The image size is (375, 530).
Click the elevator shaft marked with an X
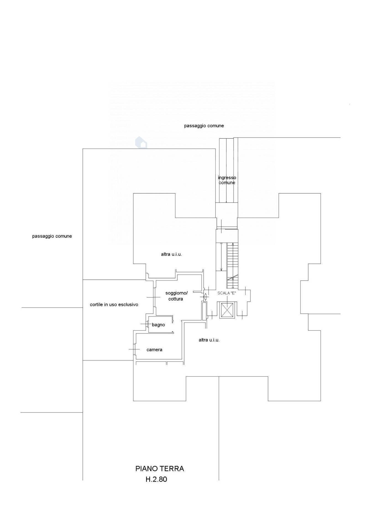[x=227, y=310]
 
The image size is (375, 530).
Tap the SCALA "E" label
[x=227, y=293]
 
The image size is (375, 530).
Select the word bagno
[x=158, y=325]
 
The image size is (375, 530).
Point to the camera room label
[x=154, y=350]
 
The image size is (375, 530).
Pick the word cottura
[x=175, y=299]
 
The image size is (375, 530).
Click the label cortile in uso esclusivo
[x=114, y=305]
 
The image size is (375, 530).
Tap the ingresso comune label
[x=227, y=180]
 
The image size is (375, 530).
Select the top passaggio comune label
[x=204, y=126]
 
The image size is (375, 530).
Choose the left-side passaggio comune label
[x=52, y=236]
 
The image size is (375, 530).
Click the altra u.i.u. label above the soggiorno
[x=171, y=254]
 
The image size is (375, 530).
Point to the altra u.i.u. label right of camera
[x=209, y=340]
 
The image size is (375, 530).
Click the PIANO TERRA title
[x=159, y=469]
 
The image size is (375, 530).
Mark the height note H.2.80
[x=156, y=479]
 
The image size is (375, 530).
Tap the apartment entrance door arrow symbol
[x=205, y=297]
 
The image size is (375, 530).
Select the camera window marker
[x=134, y=349]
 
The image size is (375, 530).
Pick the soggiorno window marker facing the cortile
[x=153, y=297]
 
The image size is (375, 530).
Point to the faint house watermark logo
[x=141, y=143]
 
